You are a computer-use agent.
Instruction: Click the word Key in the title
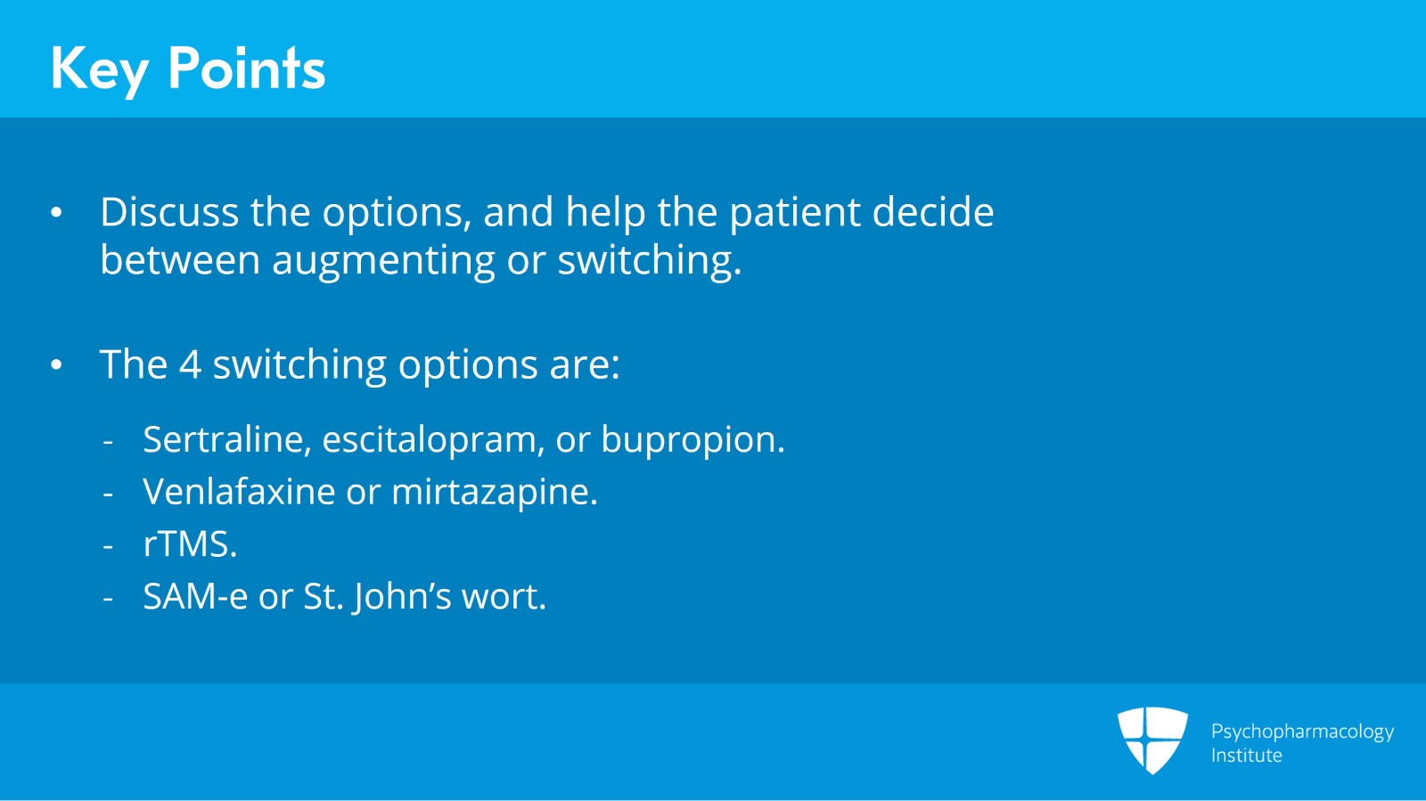[98, 69]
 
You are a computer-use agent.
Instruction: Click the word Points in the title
[246, 69]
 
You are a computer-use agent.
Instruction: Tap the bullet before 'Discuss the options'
[57, 213]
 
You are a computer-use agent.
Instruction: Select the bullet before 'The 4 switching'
[57, 365]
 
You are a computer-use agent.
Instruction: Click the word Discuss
[169, 213]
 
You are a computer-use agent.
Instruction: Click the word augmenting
[383, 261]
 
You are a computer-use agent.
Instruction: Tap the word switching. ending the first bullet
[649, 261]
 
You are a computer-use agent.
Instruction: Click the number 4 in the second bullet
[190, 365]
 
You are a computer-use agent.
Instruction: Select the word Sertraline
[226, 439]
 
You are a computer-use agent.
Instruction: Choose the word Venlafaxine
[238, 492]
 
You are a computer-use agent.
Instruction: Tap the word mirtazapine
[494, 492]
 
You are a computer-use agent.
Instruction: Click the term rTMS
[190, 544]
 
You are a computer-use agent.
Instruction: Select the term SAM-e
[194, 597]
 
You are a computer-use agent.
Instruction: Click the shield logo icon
[1152, 740]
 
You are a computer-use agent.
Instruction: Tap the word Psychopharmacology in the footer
[1301, 732]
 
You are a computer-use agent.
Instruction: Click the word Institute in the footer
[1246, 756]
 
